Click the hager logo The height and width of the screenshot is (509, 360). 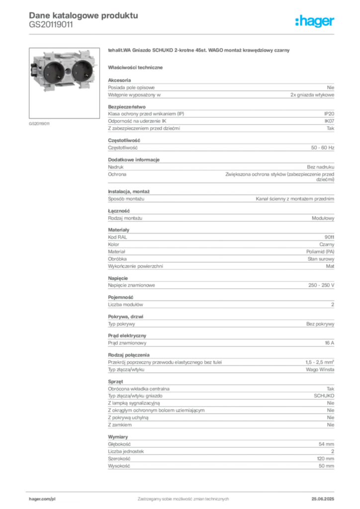(x=314, y=21)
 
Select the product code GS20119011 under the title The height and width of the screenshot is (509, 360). (x=51, y=25)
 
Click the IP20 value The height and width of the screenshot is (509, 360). (x=329, y=114)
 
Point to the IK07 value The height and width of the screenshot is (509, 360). (x=329, y=121)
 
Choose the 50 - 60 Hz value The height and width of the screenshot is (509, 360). (x=322, y=148)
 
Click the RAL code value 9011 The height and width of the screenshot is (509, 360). (x=329, y=237)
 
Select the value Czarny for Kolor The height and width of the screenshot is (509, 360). (x=327, y=245)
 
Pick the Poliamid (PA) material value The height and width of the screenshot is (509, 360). (x=320, y=252)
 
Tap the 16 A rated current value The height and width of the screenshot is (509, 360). (x=330, y=343)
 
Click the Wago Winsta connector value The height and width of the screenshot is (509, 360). (x=320, y=370)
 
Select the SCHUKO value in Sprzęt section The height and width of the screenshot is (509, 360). (x=324, y=396)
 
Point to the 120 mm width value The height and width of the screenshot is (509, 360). (x=325, y=459)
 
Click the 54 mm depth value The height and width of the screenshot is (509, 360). (x=326, y=444)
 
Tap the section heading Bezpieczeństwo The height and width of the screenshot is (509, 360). (x=127, y=107)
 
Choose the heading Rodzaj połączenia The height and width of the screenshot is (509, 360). (x=129, y=355)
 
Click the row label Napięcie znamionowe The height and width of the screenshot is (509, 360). (x=131, y=285)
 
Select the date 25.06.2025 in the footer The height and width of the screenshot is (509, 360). (x=323, y=499)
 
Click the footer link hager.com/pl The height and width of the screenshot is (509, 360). (x=42, y=499)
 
